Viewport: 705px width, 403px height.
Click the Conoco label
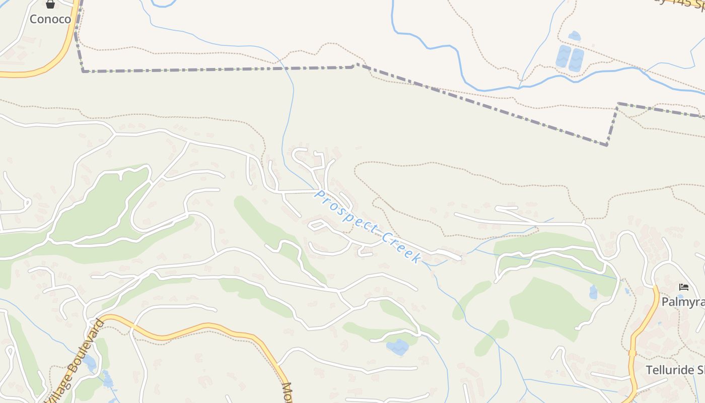coord(50,19)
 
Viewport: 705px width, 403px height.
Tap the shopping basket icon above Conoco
coord(50,5)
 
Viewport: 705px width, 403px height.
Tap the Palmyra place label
coord(682,302)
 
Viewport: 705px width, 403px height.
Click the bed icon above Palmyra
coord(683,287)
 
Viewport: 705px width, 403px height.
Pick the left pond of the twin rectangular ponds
coord(563,57)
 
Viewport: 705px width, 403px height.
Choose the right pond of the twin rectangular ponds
coord(576,60)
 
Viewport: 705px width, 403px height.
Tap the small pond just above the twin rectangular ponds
coord(574,36)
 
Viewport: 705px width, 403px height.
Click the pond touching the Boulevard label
coord(90,361)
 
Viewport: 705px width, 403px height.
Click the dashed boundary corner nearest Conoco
coord(83,71)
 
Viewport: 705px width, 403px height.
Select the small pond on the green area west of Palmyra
coord(593,292)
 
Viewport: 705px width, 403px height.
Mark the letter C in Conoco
coord(34,19)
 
